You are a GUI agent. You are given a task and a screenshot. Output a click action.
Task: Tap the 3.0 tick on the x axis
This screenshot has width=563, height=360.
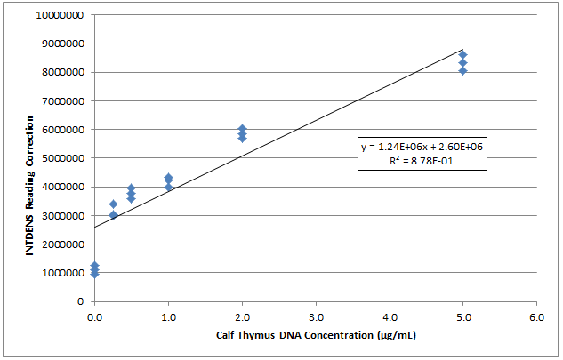315,316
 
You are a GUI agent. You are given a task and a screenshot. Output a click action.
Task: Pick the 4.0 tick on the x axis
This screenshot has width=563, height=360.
389,316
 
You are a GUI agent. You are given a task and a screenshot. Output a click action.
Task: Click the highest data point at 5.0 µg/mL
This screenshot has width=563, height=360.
462,55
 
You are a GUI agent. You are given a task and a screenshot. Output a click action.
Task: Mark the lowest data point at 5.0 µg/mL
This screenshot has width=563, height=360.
462,70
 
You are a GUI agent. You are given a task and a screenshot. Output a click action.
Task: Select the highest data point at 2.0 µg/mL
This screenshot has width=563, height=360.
242,129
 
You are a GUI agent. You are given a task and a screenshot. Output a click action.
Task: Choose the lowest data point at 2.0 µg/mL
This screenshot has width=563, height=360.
242,139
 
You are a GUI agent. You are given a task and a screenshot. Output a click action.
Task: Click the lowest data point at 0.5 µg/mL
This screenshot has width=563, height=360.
131,198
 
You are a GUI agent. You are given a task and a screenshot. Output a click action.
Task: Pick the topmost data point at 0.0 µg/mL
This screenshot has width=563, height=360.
94,266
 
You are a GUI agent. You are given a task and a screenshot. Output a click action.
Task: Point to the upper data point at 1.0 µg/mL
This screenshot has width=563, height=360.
168,179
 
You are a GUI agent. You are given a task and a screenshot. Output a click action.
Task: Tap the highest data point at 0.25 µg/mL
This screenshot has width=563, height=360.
113,204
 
